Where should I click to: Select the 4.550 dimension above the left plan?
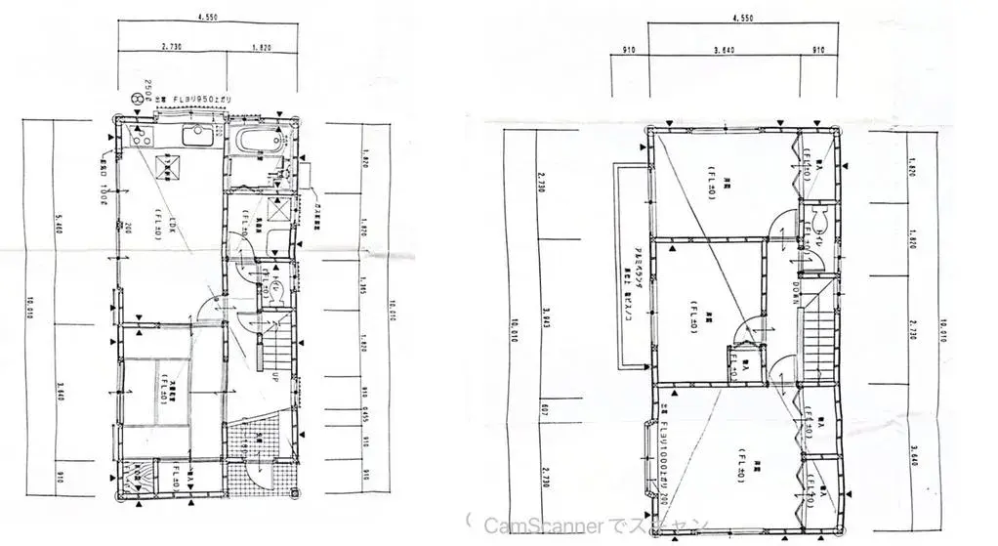coord(206,17)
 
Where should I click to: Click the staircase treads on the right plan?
coord(821,332)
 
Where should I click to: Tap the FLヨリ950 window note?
coord(201,99)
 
